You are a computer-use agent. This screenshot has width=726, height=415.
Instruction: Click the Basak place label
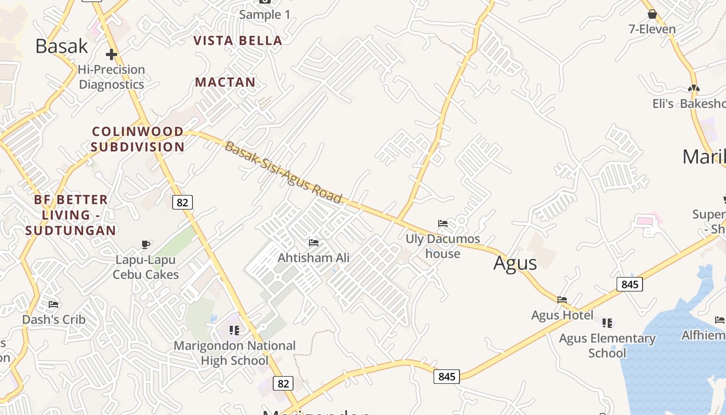click(x=62, y=46)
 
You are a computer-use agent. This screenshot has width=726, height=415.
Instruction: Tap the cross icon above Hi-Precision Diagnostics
click(x=111, y=54)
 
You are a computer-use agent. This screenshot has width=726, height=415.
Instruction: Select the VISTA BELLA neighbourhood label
click(x=238, y=40)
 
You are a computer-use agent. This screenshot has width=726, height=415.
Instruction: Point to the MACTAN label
click(x=225, y=82)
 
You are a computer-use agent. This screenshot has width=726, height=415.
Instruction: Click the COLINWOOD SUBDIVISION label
click(x=138, y=139)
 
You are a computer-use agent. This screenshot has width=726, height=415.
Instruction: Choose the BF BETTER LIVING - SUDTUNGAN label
click(x=71, y=215)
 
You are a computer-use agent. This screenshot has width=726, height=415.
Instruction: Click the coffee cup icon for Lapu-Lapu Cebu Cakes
click(x=146, y=244)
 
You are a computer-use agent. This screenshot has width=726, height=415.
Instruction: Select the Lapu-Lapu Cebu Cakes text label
click(x=146, y=267)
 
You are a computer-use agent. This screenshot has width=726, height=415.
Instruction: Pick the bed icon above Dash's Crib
click(x=53, y=305)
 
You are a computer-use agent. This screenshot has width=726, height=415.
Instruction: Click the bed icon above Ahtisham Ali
click(x=314, y=242)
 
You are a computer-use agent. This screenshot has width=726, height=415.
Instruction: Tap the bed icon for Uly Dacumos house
click(x=443, y=224)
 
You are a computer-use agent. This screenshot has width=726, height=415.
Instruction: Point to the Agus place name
click(x=515, y=263)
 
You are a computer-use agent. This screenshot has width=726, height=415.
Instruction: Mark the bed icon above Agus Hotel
click(x=562, y=299)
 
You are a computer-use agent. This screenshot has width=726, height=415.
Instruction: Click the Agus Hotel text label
click(x=562, y=315)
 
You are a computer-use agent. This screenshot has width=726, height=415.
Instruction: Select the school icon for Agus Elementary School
click(x=607, y=323)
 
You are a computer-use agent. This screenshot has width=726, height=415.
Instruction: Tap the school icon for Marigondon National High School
click(x=234, y=330)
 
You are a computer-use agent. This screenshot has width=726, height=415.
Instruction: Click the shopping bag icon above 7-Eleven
click(x=652, y=14)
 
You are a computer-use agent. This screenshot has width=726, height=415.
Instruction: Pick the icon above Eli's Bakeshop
click(x=694, y=88)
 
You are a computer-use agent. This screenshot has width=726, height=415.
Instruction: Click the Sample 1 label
click(x=264, y=15)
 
